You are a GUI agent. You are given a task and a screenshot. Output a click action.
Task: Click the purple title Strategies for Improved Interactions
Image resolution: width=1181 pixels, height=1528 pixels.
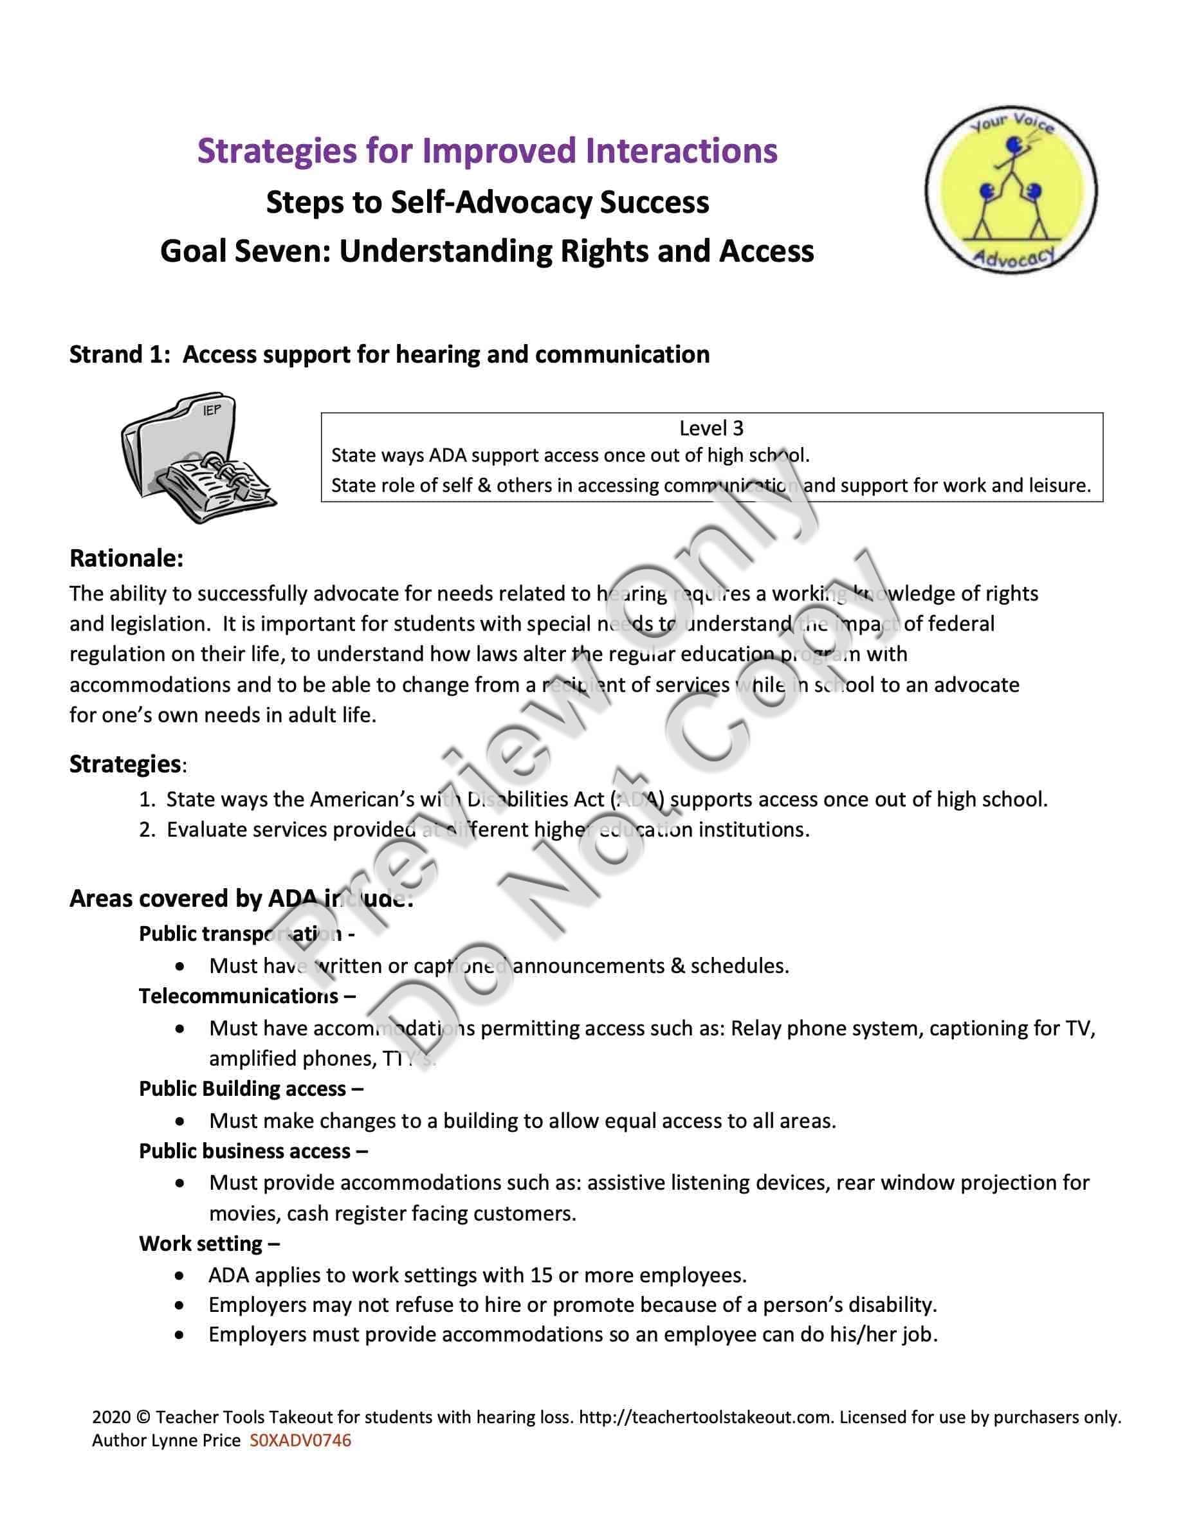487,151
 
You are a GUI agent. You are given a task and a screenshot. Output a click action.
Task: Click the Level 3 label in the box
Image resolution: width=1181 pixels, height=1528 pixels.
711,428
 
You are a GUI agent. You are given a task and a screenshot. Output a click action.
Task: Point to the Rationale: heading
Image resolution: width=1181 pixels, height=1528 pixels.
127,558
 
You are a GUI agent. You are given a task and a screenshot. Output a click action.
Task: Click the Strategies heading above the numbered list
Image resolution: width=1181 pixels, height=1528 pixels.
125,764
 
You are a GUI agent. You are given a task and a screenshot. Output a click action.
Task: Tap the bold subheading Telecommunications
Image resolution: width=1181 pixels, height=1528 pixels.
239,996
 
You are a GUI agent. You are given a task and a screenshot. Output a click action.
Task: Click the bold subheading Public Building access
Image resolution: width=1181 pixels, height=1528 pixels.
243,1089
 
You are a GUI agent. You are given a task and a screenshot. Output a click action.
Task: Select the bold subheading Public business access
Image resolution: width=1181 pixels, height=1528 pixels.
245,1151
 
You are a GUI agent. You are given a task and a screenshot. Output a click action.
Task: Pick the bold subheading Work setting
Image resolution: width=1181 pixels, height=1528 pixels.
201,1243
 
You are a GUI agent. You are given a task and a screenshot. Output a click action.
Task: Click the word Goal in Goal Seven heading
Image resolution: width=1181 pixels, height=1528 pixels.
192,251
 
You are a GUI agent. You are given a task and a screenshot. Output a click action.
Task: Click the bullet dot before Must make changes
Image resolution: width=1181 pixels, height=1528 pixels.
181,1122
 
